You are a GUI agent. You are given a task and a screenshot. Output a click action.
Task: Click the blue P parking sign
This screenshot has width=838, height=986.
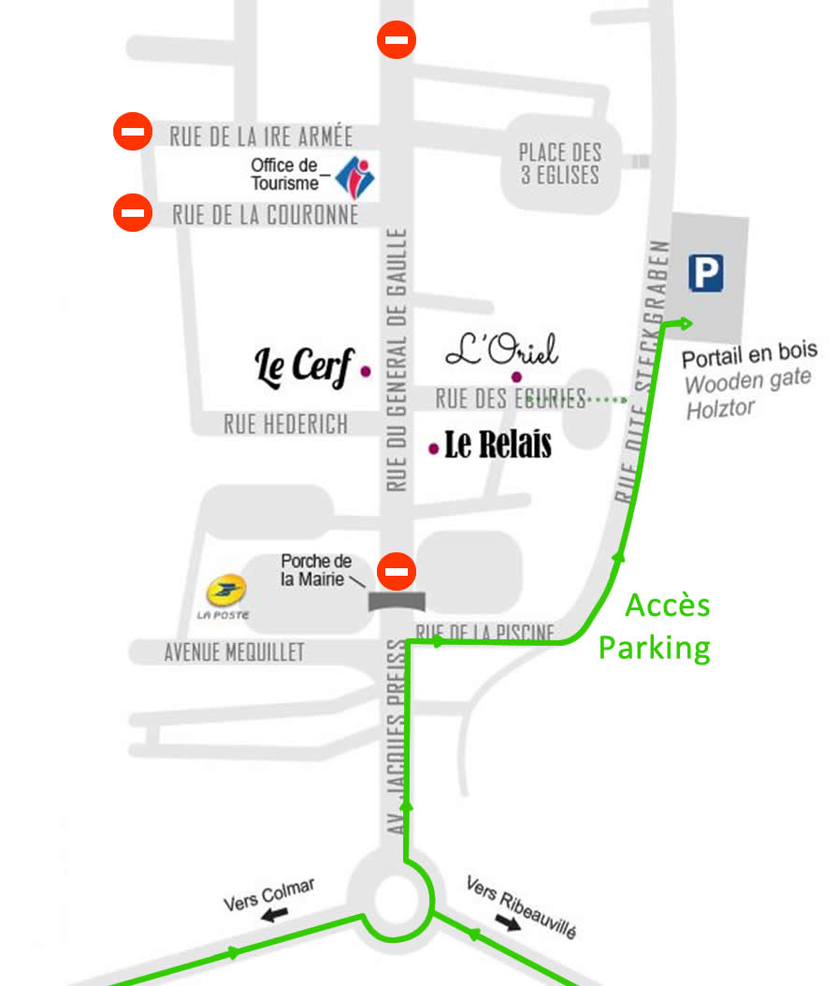click(x=706, y=273)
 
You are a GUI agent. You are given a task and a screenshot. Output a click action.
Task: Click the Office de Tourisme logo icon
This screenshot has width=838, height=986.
click(x=354, y=176)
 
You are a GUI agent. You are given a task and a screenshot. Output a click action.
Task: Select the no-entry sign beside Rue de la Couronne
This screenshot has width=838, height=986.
click(x=133, y=212)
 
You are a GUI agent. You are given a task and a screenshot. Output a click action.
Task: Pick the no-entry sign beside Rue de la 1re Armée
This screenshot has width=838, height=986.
click(x=133, y=132)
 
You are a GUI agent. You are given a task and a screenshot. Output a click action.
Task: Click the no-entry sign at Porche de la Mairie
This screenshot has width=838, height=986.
click(x=397, y=571)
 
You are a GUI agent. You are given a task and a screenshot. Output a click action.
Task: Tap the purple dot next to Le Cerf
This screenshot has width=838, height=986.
click(x=365, y=371)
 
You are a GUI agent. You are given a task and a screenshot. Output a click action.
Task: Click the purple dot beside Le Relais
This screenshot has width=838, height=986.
click(x=433, y=449)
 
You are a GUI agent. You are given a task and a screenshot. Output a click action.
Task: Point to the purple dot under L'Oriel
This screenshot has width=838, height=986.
click(x=515, y=377)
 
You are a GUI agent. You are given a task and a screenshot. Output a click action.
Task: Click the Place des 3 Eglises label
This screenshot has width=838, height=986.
click(x=559, y=163)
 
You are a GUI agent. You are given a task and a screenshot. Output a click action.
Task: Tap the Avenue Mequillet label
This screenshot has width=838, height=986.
click(x=234, y=652)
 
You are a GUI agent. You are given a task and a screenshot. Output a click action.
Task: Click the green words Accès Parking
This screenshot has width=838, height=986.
click(x=655, y=626)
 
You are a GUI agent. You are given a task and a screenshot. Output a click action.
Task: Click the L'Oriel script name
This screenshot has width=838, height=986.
click(x=501, y=350)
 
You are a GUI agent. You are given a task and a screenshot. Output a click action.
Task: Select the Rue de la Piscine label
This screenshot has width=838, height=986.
click(x=486, y=633)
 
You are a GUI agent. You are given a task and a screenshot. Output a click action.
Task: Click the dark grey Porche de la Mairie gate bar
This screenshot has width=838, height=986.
click(x=397, y=601)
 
